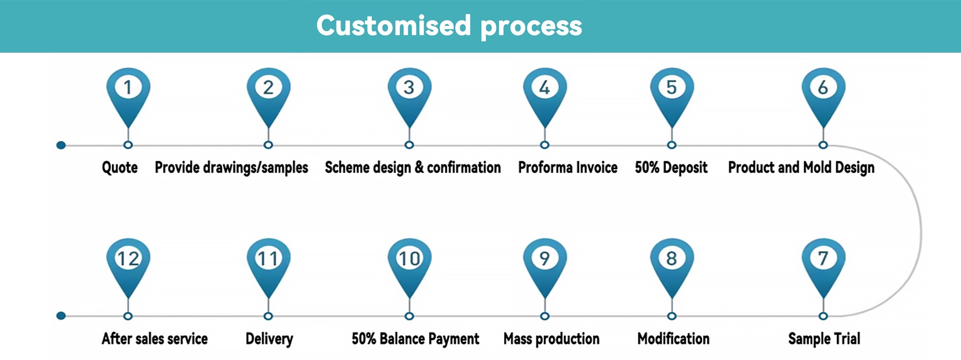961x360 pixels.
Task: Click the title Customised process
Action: pyautogui.click(x=449, y=26)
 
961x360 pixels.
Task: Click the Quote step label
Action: pyautogui.click(x=120, y=168)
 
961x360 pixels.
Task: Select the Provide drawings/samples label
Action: pyautogui.click(x=231, y=168)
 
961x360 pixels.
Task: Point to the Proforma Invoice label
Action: pyautogui.click(x=568, y=168)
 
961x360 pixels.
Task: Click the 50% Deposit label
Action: pyautogui.click(x=671, y=168)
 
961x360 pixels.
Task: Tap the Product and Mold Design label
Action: pyautogui.click(x=801, y=168)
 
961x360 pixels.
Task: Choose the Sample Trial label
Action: pyautogui.click(x=824, y=339)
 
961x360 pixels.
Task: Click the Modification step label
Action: pyautogui.click(x=673, y=339)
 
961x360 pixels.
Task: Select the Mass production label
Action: pyautogui.click(x=551, y=339)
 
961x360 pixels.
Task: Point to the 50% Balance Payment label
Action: pyautogui.click(x=415, y=339)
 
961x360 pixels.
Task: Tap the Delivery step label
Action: pyautogui.click(x=269, y=339)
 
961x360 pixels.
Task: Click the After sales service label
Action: pyautogui.click(x=155, y=339)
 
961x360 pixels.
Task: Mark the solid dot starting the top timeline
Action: pyautogui.click(x=61, y=145)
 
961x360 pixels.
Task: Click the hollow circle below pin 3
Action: pyautogui.click(x=409, y=145)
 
